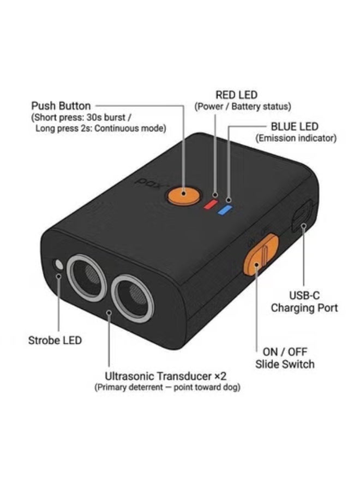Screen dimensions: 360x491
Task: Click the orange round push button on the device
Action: point(183,195)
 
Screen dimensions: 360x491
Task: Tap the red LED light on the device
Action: point(211,204)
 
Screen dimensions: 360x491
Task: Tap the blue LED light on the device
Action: point(225,210)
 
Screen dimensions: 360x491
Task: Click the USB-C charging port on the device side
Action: point(302,216)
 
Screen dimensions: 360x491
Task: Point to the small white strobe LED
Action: point(58,265)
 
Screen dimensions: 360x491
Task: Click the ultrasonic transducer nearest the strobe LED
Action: point(86,278)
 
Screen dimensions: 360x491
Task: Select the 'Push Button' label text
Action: point(61,106)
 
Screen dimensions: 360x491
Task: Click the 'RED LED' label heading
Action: point(236,95)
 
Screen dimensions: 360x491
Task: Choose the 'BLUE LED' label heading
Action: point(294,127)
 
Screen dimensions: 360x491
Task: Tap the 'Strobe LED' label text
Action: point(55,340)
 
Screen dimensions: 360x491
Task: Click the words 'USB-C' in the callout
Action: point(304,295)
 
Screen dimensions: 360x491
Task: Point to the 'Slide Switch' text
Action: point(285,364)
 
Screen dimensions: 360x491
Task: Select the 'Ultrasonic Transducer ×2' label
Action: point(165,376)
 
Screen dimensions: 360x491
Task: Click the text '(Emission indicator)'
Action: point(296,138)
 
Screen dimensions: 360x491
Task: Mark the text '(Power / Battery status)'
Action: point(243,106)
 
